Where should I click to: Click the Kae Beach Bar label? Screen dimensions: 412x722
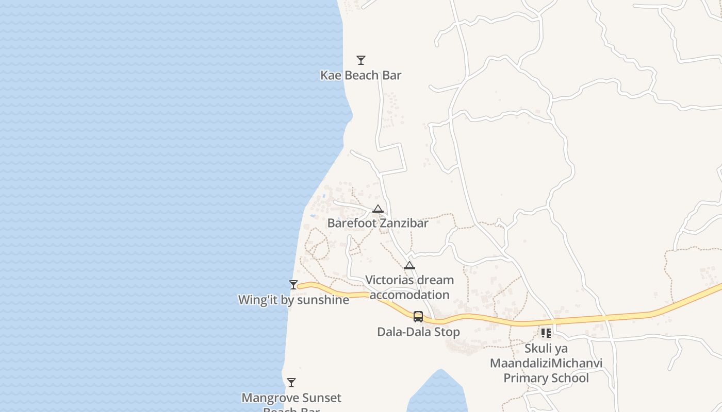[360, 75]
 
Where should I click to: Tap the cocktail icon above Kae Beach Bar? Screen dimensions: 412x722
[361, 60]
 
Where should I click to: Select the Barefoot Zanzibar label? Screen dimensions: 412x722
[378, 224]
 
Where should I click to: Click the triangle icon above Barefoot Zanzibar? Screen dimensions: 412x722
[378, 209]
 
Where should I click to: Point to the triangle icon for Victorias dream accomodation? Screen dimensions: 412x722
[409, 265]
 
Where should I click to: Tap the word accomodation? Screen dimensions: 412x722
[409, 295]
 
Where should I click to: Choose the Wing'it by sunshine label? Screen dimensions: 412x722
[293, 300]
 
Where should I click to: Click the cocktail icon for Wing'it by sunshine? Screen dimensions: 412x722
[293, 285]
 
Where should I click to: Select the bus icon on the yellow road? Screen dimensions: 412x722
[418, 317]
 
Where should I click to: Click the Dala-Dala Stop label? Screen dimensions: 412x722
[418, 332]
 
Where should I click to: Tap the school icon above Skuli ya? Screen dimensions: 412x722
[546, 333]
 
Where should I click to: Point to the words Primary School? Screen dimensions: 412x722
[546, 378]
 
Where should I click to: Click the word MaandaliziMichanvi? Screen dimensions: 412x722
[546, 363]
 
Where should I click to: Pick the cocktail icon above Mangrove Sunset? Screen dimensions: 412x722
[291, 382]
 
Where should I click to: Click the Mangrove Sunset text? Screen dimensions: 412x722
[291, 398]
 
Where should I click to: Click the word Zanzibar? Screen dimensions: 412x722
[404, 224]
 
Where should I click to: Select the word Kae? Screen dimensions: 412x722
[331, 75]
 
